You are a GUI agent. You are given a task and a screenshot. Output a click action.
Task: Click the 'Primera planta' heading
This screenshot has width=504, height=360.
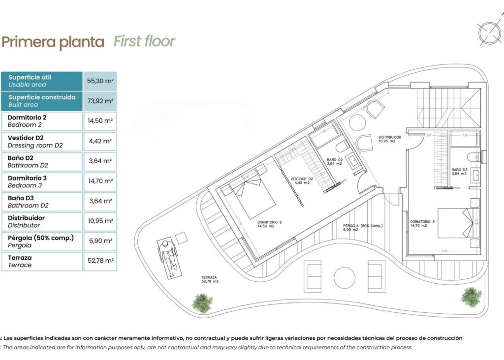(53, 42)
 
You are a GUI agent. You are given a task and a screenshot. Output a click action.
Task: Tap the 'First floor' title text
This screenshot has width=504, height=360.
(144, 41)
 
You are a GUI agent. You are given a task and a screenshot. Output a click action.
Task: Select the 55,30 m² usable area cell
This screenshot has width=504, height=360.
(100, 81)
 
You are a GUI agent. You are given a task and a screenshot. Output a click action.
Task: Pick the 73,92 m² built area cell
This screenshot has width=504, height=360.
(100, 101)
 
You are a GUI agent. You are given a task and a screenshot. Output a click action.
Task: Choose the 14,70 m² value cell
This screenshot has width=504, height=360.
(100, 181)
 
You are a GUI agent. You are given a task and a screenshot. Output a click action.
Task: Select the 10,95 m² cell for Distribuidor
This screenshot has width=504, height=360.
(100, 221)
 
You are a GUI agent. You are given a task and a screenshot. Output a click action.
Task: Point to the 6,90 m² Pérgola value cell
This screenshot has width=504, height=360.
(100, 241)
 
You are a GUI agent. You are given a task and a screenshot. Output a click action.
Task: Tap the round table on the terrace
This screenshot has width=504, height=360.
(345, 278)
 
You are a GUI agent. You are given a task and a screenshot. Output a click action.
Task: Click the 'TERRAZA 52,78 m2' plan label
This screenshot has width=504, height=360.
(210, 279)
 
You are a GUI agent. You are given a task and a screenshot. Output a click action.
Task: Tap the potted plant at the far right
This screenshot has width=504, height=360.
(472, 297)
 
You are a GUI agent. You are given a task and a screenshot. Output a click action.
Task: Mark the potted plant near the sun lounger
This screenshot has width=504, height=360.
(202, 302)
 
